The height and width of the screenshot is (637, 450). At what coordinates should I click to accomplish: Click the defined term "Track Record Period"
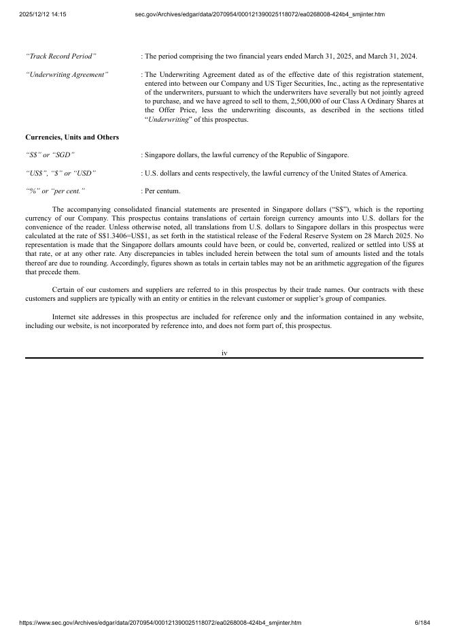click(60, 56)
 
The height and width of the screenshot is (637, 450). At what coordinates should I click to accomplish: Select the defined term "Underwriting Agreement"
click(67, 74)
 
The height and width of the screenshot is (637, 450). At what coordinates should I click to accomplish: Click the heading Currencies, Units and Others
click(72, 137)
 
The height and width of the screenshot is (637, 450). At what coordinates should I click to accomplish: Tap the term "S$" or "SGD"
click(50, 155)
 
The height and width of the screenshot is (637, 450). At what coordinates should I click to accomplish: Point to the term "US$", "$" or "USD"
click(60, 173)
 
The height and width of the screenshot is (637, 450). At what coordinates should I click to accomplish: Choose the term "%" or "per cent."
click(55, 191)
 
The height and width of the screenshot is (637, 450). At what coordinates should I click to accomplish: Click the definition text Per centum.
click(162, 191)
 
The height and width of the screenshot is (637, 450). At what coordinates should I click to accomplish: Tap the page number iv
click(224, 353)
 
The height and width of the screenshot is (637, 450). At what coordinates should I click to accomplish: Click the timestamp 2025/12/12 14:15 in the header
click(37, 14)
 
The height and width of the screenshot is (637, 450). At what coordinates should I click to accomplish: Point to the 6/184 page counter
click(422, 623)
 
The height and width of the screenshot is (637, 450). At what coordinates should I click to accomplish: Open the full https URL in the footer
click(160, 623)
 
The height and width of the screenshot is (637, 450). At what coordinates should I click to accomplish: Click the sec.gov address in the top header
click(260, 14)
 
